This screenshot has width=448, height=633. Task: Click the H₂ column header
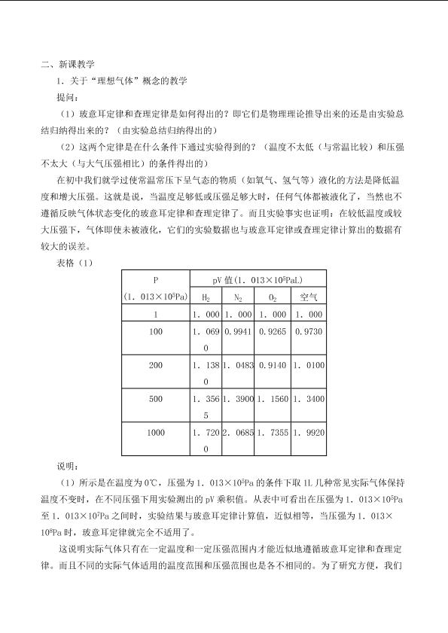[x=206, y=297]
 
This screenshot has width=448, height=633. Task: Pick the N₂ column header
[x=238, y=297]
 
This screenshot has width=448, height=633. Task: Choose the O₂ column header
[x=272, y=297]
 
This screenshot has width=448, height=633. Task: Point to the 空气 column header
[x=309, y=297]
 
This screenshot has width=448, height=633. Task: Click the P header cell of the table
[x=156, y=278]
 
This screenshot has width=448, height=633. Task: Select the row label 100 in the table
[x=156, y=331]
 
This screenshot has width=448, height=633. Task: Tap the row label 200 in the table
[x=156, y=365]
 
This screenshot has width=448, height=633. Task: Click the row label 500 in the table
[x=156, y=398]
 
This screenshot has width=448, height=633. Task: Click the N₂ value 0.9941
[x=238, y=331]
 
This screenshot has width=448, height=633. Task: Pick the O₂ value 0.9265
[x=272, y=331]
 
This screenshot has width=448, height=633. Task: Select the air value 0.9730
[x=309, y=331]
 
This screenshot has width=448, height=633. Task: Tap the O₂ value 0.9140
[x=272, y=365]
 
